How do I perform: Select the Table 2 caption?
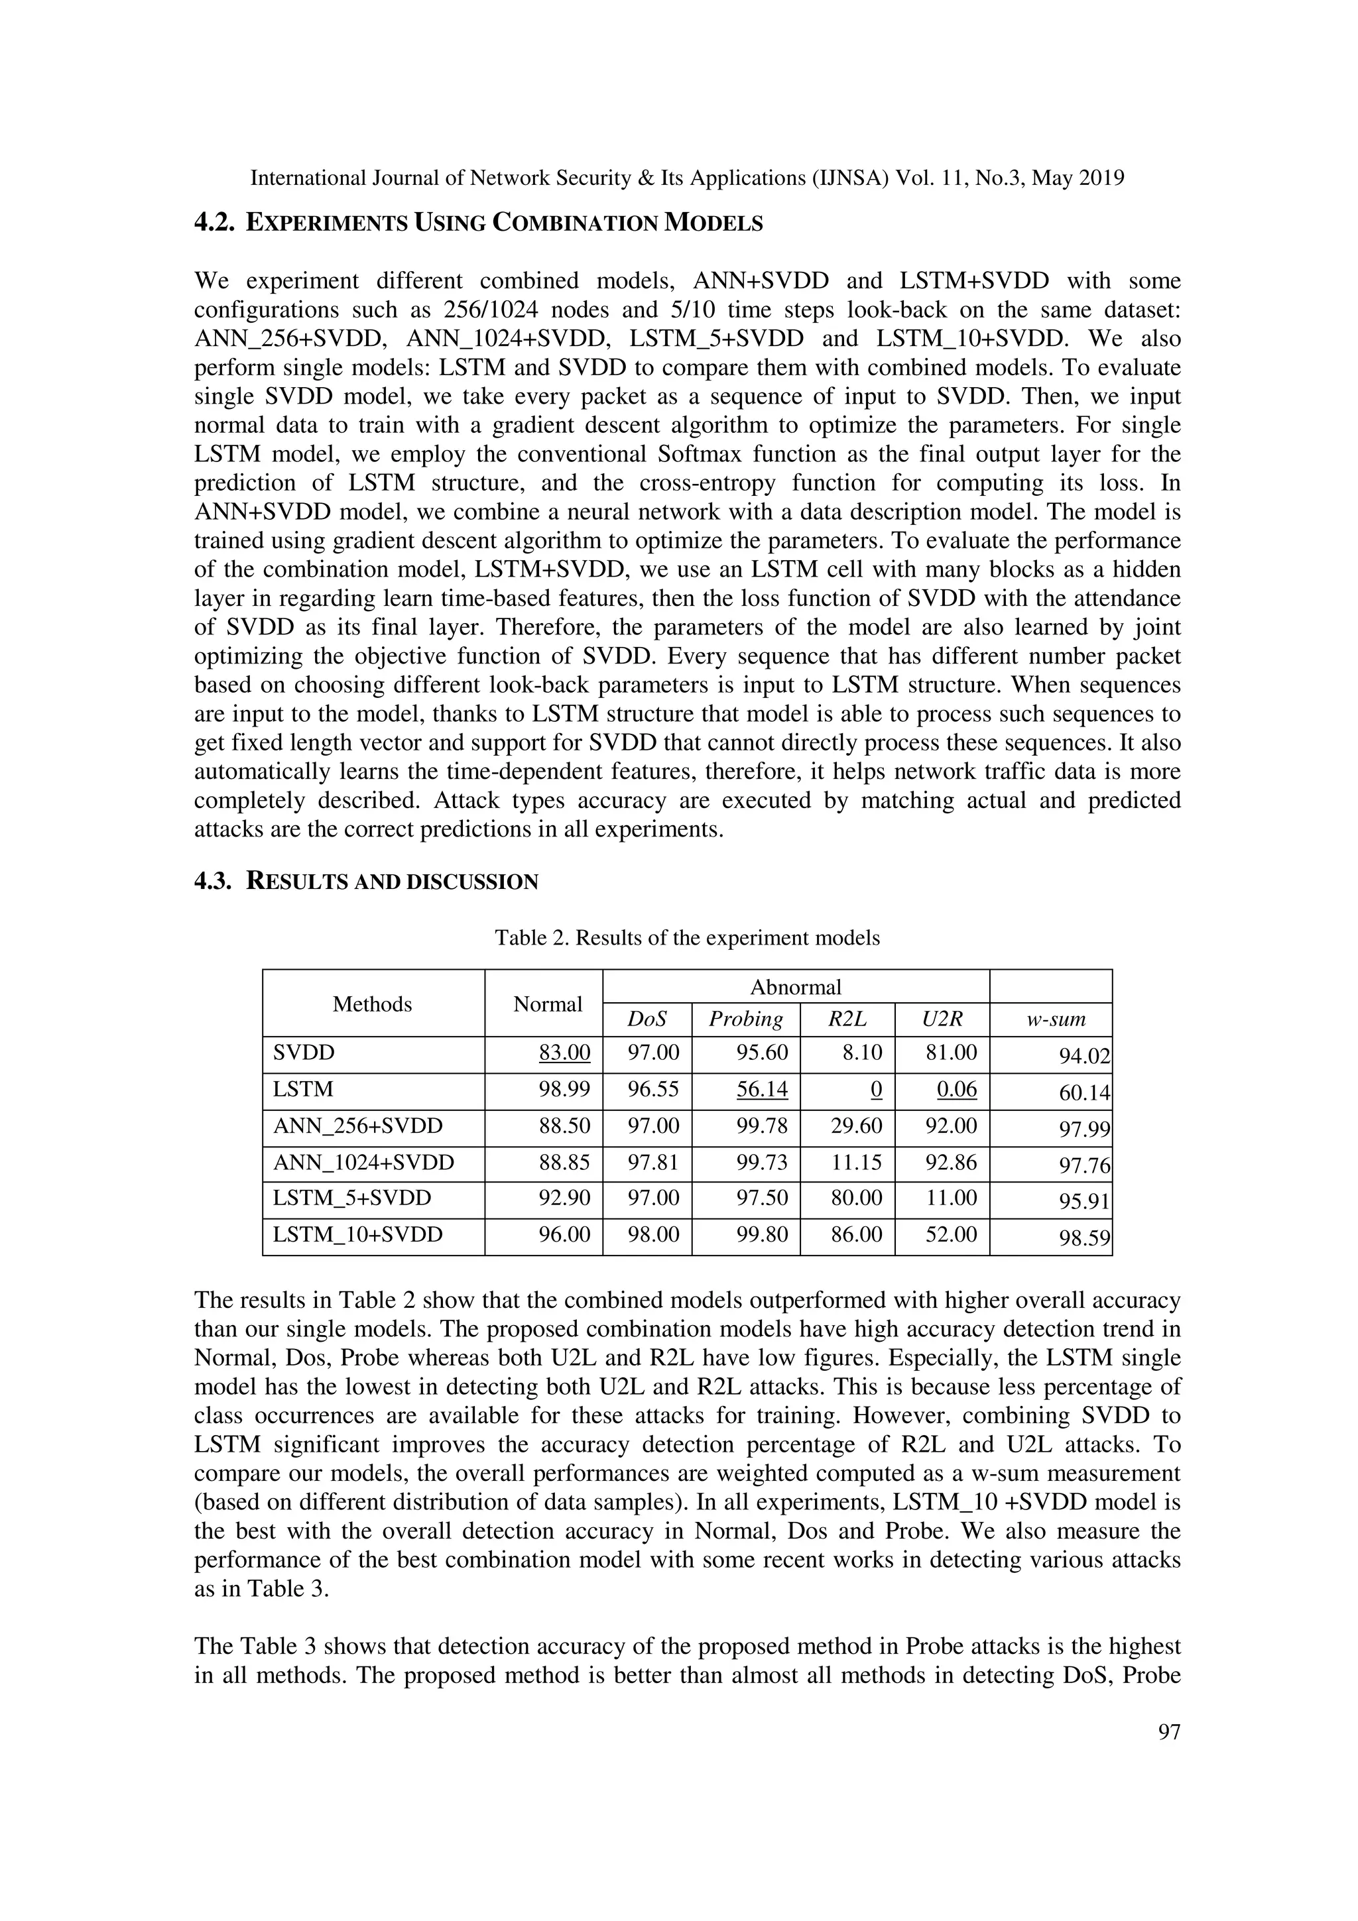pyautogui.click(x=687, y=938)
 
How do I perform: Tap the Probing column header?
pyautogui.click(x=745, y=1019)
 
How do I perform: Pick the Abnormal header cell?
pyautogui.click(x=795, y=987)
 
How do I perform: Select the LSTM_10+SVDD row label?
pyautogui.click(x=357, y=1235)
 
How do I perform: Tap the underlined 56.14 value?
pyautogui.click(x=761, y=1089)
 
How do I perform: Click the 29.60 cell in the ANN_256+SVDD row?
pyautogui.click(x=856, y=1126)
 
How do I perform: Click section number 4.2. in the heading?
pyautogui.click(x=215, y=223)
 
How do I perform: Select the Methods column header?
pyautogui.click(x=373, y=1004)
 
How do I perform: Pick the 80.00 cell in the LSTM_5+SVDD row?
pyautogui.click(x=856, y=1198)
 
